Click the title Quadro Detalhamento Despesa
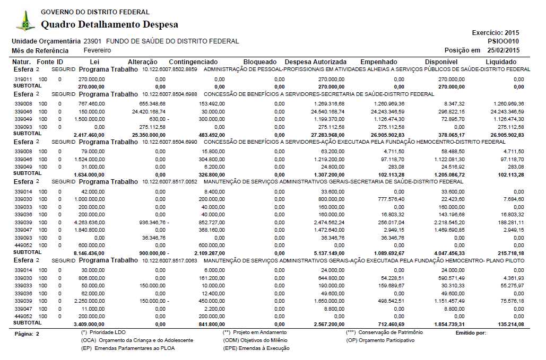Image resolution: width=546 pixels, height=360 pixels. click(109, 24)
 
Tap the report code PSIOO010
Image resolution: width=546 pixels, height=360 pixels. click(503, 41)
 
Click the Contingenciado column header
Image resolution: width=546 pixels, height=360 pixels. click(193, 62)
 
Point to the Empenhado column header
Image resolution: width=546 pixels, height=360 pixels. click(379, 62)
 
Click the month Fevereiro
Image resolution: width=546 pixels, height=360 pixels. click(97, 50)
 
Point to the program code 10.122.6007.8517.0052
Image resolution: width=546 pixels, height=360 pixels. click(170, 182)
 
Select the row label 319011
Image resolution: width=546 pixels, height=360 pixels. click(23, 79)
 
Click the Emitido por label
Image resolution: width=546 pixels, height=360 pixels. click(471, 333)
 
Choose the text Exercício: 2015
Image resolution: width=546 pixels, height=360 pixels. click(496, 33)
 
